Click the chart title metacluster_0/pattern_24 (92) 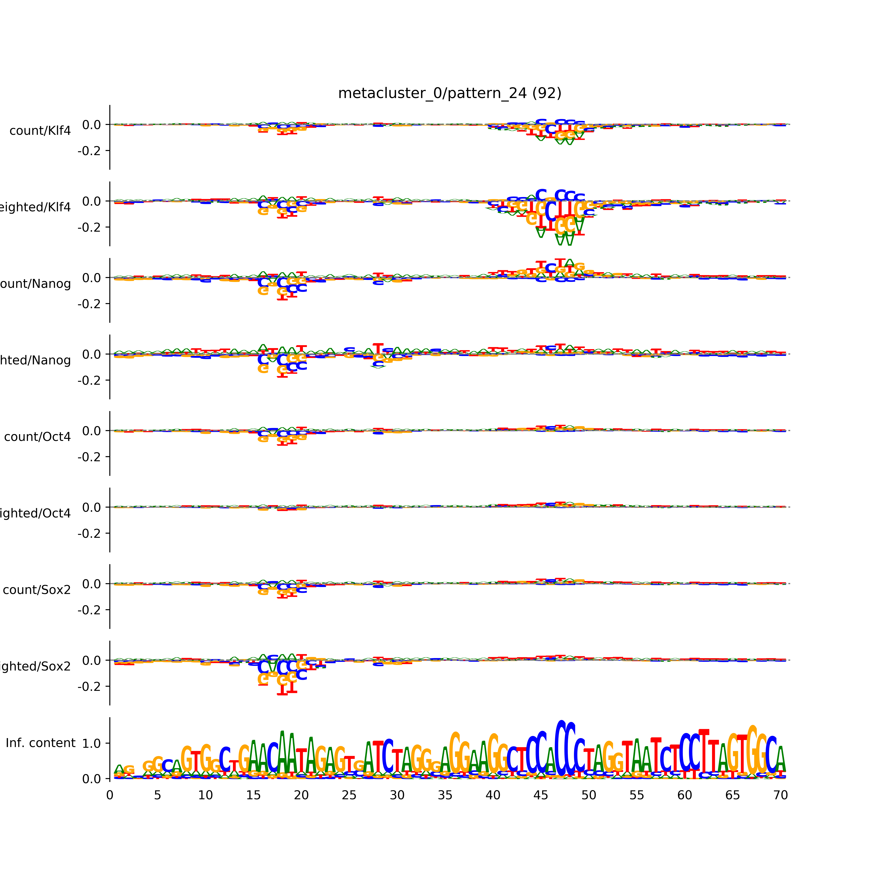point(449,93)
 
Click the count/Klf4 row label point(40,131)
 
